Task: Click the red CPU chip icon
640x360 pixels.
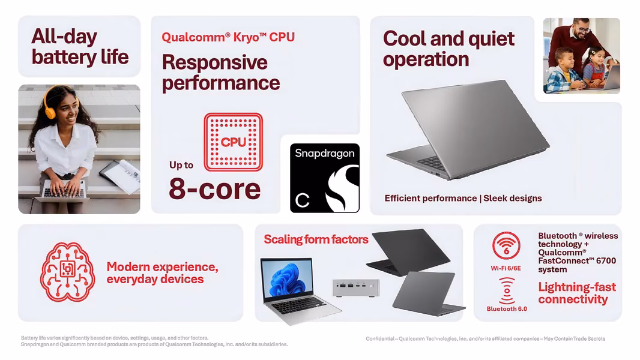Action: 233,142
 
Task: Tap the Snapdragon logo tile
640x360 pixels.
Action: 324,178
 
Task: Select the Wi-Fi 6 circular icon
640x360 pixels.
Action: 506,246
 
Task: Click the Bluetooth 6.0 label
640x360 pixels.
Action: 507,309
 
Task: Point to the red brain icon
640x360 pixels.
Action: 67,272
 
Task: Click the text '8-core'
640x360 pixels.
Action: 215,189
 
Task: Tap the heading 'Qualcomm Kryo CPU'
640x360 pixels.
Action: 228,37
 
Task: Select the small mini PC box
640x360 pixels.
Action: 355,288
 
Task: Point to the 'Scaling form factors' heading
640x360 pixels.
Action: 316,239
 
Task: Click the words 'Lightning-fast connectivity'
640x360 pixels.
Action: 577,293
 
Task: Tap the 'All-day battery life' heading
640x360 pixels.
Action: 80,46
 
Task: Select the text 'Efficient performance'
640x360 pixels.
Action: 430,198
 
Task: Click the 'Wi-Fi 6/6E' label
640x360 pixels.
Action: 506,268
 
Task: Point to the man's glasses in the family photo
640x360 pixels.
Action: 582,30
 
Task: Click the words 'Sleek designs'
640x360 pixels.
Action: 513,198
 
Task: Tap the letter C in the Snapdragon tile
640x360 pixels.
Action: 303,200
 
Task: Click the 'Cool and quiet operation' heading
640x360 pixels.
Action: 448,49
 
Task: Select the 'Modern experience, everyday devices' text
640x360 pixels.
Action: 163,273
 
